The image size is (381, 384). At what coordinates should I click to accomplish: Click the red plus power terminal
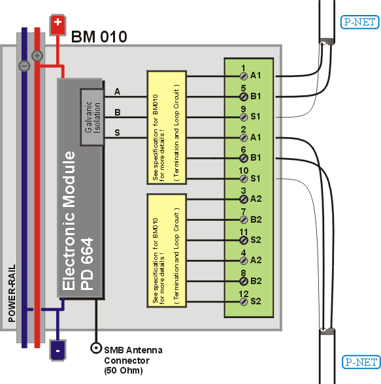click(x=58, y=25)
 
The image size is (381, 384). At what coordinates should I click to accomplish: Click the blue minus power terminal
click(x=58, y=350)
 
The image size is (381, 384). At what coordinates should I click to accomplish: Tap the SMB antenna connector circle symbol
click(x=96, y=347)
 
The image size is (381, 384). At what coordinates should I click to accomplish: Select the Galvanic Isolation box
click(x=92, y=118)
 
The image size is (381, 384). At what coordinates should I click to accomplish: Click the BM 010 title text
click(x=99, y=37)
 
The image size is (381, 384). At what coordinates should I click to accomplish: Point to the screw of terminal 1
click(x=244, y=76)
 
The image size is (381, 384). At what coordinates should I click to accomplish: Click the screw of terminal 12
click(x=244, y=302)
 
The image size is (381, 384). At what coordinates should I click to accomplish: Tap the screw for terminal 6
click(x=244, y=158)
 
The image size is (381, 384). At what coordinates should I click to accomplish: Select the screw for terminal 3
click(x=244, y=199)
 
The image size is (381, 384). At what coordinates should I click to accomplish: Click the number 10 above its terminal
click(x=244, y=170)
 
